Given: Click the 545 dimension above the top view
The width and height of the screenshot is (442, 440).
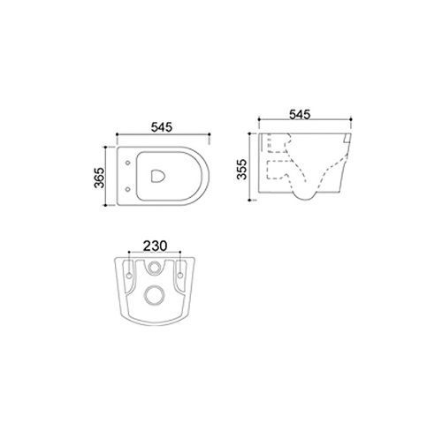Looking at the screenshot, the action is click(x=162, y=127).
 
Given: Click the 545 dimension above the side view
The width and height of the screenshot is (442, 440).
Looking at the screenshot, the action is click(x=300, y=115).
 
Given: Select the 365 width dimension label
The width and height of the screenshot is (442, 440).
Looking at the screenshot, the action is click(x=99, y=178).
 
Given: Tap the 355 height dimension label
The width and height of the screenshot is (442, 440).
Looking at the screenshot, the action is click(x=241, y=169).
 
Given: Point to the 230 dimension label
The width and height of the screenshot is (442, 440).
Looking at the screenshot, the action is click(x=155, y=246).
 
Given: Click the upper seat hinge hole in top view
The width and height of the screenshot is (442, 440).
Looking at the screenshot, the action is click(x=127, y=163).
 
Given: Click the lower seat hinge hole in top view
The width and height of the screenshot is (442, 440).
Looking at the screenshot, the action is click(x=127, y=189).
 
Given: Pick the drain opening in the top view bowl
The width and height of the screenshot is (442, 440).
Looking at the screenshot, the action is click(x=158, y=176).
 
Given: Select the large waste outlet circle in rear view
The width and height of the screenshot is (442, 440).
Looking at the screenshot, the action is click(x=154, y=294).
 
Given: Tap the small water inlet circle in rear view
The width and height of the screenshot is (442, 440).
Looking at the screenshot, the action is click(x=154, y=268).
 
